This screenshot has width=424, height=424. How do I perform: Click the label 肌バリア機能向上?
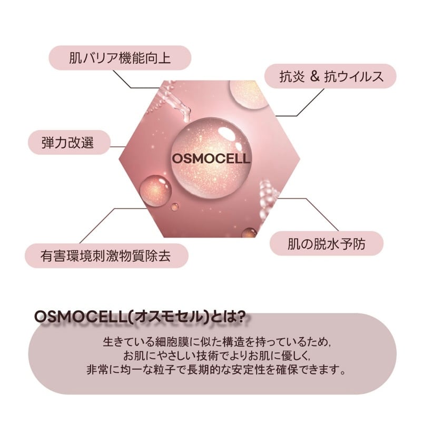(120, 57)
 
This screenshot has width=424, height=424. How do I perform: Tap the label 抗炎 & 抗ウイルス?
(330, 77)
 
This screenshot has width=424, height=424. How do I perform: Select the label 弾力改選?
(68, 142)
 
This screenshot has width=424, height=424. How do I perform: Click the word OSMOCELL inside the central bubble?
(210, 157)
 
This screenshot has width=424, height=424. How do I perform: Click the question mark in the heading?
(240, 317)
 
